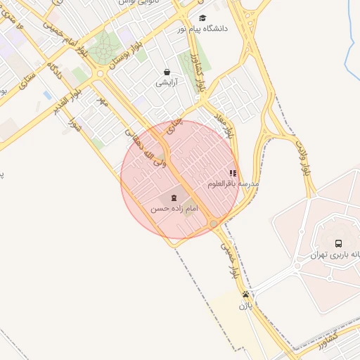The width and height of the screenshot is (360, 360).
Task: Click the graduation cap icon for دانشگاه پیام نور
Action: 202,18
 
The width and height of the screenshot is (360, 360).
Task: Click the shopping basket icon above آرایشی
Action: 167,72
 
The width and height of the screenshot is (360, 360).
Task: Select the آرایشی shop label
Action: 167,83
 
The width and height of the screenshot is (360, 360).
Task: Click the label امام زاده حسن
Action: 174,210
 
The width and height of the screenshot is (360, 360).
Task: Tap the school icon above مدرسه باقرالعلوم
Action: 233,173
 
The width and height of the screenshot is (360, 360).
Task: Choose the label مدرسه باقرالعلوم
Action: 233,184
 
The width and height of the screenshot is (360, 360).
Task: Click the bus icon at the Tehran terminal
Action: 339,244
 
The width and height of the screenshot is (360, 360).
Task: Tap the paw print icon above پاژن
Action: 245,295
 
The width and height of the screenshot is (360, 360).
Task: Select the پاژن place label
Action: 245,306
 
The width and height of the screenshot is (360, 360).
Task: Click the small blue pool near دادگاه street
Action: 47,94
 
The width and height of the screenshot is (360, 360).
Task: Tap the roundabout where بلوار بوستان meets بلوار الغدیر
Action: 101,73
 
